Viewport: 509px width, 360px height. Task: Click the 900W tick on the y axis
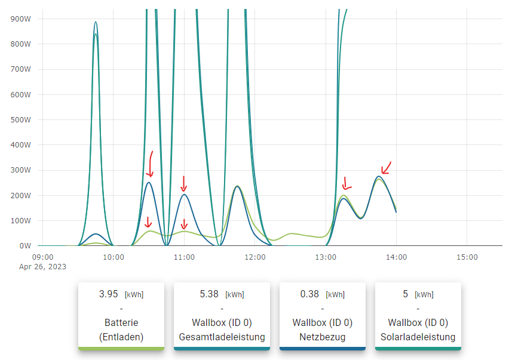(22, 19)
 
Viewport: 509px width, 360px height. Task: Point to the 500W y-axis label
(22, 119)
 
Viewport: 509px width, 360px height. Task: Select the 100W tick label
(22, 220)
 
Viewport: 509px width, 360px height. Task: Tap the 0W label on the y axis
(25, 245)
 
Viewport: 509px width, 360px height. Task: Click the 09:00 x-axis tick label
(43, 257)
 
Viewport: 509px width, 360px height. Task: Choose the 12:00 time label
(255, 257)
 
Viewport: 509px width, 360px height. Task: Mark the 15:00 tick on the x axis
(467, 257)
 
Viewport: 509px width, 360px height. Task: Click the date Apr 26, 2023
(42, 267)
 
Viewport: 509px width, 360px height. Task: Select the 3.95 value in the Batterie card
(109, 294)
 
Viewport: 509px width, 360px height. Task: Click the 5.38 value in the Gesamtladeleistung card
(210, 294)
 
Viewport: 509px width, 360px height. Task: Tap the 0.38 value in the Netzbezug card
(309, 294)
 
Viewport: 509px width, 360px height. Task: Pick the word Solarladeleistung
(418, 337)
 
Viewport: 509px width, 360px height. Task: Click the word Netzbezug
(323, 337)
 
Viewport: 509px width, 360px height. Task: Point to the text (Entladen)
(121, 337)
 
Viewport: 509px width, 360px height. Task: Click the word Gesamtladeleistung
(222, 337)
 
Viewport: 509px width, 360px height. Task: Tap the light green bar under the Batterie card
(121, 349)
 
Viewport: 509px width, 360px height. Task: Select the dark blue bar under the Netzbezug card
(323, 349)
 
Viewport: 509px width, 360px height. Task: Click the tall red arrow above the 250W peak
(150, 164)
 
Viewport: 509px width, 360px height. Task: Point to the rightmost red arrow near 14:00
(386, 168)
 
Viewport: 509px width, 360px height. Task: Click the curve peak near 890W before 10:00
(96, 22)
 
